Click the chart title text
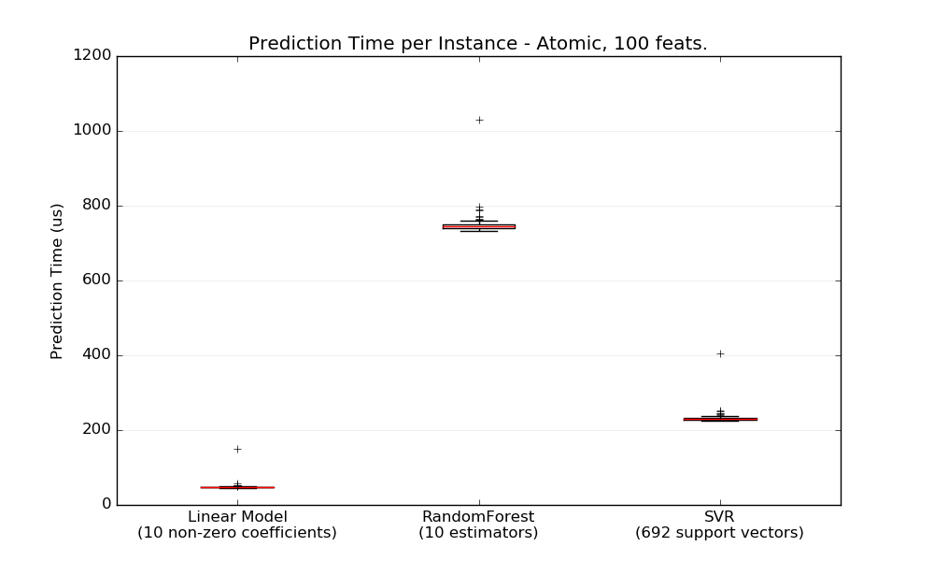click(477, 44)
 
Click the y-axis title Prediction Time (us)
click(57, 280)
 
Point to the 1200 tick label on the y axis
click(92, 56)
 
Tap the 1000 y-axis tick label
click(92, 131)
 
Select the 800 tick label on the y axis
click(96, 206)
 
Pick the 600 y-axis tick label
click(96, 280)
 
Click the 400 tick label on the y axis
click(96, 355)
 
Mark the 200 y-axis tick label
click(96, 430)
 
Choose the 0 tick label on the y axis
click(106, 505)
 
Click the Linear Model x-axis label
click(237, 517)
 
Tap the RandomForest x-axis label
click(478, 517)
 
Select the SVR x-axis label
click(719, 517)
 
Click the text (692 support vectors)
click(719, 533)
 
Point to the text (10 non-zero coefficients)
click(237, 533)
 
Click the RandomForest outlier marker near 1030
click(479, 120)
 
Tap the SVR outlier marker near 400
click(720, 353)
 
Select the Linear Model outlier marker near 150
click(237, 449)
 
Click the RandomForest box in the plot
click(478, 226)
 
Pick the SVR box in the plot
click(719, 419)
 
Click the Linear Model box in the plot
click(237, 487)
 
